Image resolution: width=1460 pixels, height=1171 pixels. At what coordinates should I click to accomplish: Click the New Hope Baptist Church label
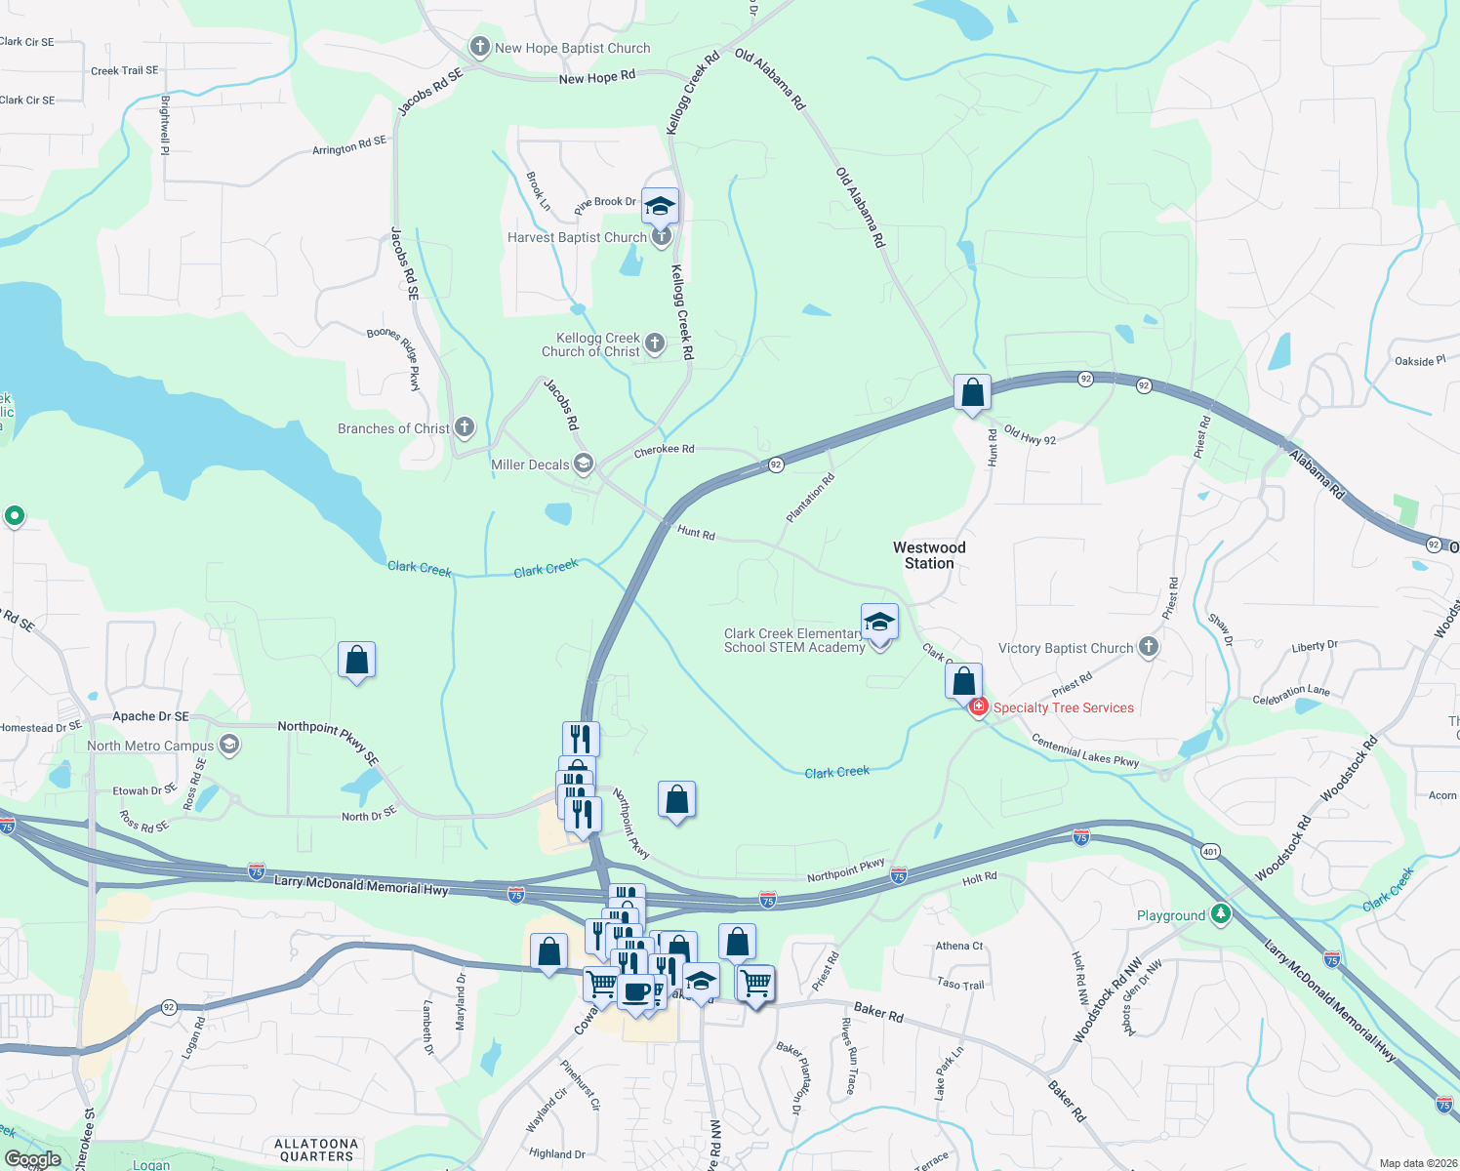[x=572, y=48]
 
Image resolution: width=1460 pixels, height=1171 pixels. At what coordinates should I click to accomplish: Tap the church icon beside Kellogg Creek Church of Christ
[x=655, y=343]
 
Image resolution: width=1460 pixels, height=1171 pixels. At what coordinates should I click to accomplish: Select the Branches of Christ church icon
[x=465, y=426]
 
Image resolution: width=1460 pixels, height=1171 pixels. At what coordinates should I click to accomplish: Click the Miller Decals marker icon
[x=584, y=464]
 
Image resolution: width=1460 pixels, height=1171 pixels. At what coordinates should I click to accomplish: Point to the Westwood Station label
[x=929, y=555]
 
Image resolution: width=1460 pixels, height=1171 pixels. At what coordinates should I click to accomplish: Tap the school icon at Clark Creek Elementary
[x=879, y=622]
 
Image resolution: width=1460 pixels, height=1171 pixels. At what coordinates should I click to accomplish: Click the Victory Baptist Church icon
[x=1149, y=647]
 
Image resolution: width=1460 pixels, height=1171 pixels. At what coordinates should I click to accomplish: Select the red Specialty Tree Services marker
[x=978, y=707]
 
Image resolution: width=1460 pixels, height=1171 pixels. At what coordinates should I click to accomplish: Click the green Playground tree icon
[x=1220, y=913]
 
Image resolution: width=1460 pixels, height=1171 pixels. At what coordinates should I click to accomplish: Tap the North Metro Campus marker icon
[x=228, y=745]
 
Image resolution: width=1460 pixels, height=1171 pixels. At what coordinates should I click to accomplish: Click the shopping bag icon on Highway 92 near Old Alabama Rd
[x=972, y=392]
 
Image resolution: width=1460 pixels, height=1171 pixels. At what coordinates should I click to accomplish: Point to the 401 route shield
[x=1210, y=851]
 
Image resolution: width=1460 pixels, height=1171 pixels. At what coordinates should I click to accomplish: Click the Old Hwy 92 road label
[x=1030, y=435]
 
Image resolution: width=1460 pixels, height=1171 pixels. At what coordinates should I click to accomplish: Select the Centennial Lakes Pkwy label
[x=1085, y=752]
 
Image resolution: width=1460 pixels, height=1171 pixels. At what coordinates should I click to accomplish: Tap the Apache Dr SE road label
[x=150, y=716]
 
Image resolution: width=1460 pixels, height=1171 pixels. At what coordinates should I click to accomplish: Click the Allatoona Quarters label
[x=316, y=1150]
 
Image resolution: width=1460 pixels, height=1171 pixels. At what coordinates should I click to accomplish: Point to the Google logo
[x=32, y=1159]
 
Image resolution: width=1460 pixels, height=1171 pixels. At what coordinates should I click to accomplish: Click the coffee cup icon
[x=635, y=991]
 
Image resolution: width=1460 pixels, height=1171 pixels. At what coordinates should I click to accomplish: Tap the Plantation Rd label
[x=811, y=498]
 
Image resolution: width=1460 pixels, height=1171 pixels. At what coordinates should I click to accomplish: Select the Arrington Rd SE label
[x=348, y=145]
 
